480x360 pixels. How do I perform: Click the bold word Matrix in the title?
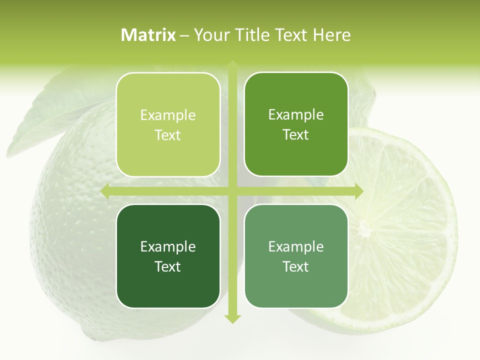[x=148, y=35]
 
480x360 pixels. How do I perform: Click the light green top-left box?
[x=168, y=124]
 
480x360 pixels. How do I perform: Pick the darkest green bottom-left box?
[x=168, y=256]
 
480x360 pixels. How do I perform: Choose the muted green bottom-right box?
[x=296, y=256]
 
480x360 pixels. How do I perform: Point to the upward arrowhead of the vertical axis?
[x=232, y=64]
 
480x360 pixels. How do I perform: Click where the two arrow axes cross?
[x=232, y=191]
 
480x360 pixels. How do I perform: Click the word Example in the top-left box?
[x=168, y=115]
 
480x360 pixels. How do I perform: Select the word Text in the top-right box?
[x=296, y=134]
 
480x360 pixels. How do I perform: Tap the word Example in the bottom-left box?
[x=168, y=246]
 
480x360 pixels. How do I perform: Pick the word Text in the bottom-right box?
[x=296, y=266]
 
